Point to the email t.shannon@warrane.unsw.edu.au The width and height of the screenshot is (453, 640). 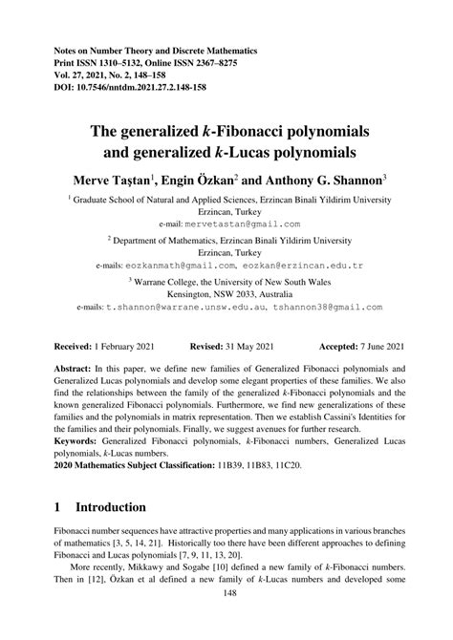(184, 309)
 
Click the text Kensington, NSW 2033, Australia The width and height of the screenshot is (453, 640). (226, 295)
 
